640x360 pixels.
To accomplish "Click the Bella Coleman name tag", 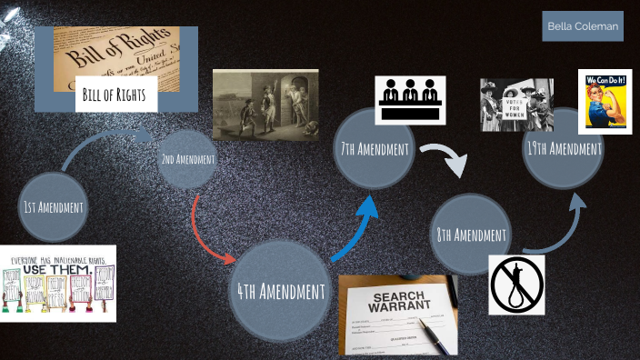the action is click(x=583, y=26).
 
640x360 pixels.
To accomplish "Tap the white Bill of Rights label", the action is click(x=116, y=94).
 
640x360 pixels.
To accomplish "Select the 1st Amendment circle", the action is click(x=53, y=207).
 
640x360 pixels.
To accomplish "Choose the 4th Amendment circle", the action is click(x=280, y=291).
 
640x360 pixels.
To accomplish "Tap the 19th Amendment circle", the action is click(x=564, y=148).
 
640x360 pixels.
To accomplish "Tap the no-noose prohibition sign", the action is click(x=515, y=285).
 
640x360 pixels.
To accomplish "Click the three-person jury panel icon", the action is click(x=409, y=99).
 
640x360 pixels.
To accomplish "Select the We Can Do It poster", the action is click(x=605, y=101).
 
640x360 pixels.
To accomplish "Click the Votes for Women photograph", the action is click(x=516, y=105).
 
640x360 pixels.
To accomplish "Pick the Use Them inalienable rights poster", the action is click(x=59, y=283).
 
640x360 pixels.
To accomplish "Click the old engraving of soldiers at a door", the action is click(x=265, y=105).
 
